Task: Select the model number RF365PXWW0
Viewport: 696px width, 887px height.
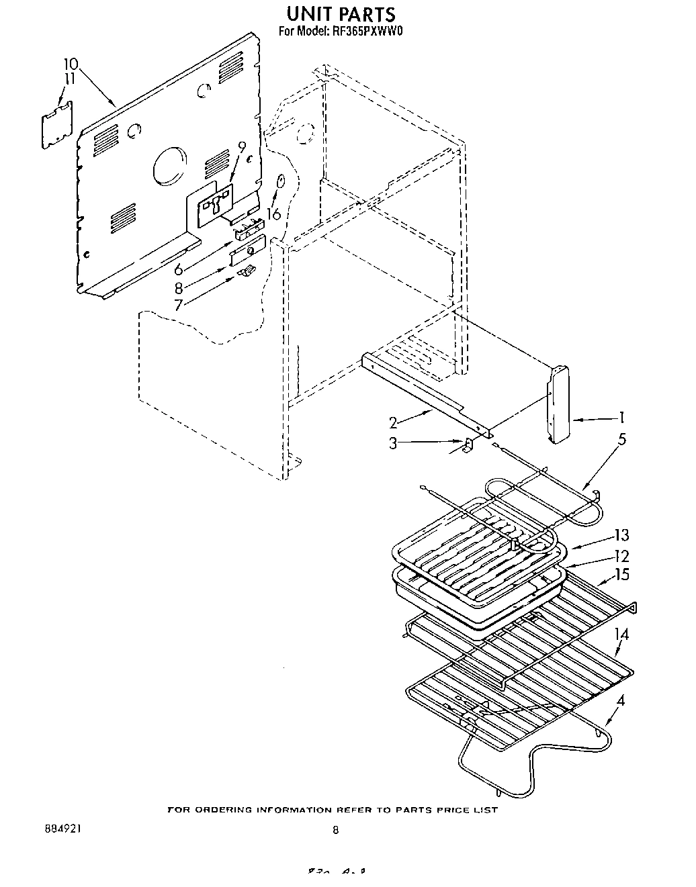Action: tap(363, 30)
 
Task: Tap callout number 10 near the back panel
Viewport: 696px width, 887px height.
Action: tap(71, 64)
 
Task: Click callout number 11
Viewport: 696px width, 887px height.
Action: tap(70, 78)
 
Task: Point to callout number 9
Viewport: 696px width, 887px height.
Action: tap(241, 147)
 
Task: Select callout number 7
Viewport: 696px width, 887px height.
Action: tap(179, 305)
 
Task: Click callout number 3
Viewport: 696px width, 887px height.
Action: tap(394, 442)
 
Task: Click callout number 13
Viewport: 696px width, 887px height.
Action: tap(621, 535)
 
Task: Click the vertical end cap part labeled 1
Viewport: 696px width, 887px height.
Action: tap(557, 405)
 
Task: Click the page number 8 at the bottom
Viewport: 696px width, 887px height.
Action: tap(335, 830)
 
